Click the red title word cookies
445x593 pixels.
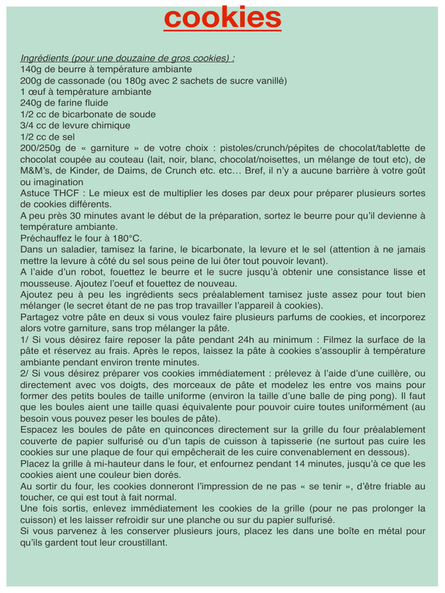point(222,18)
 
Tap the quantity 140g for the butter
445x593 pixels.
point(30,69)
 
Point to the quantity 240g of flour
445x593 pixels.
point(30,103)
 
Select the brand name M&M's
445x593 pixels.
point(35,171)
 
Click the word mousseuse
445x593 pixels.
point(46,284)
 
